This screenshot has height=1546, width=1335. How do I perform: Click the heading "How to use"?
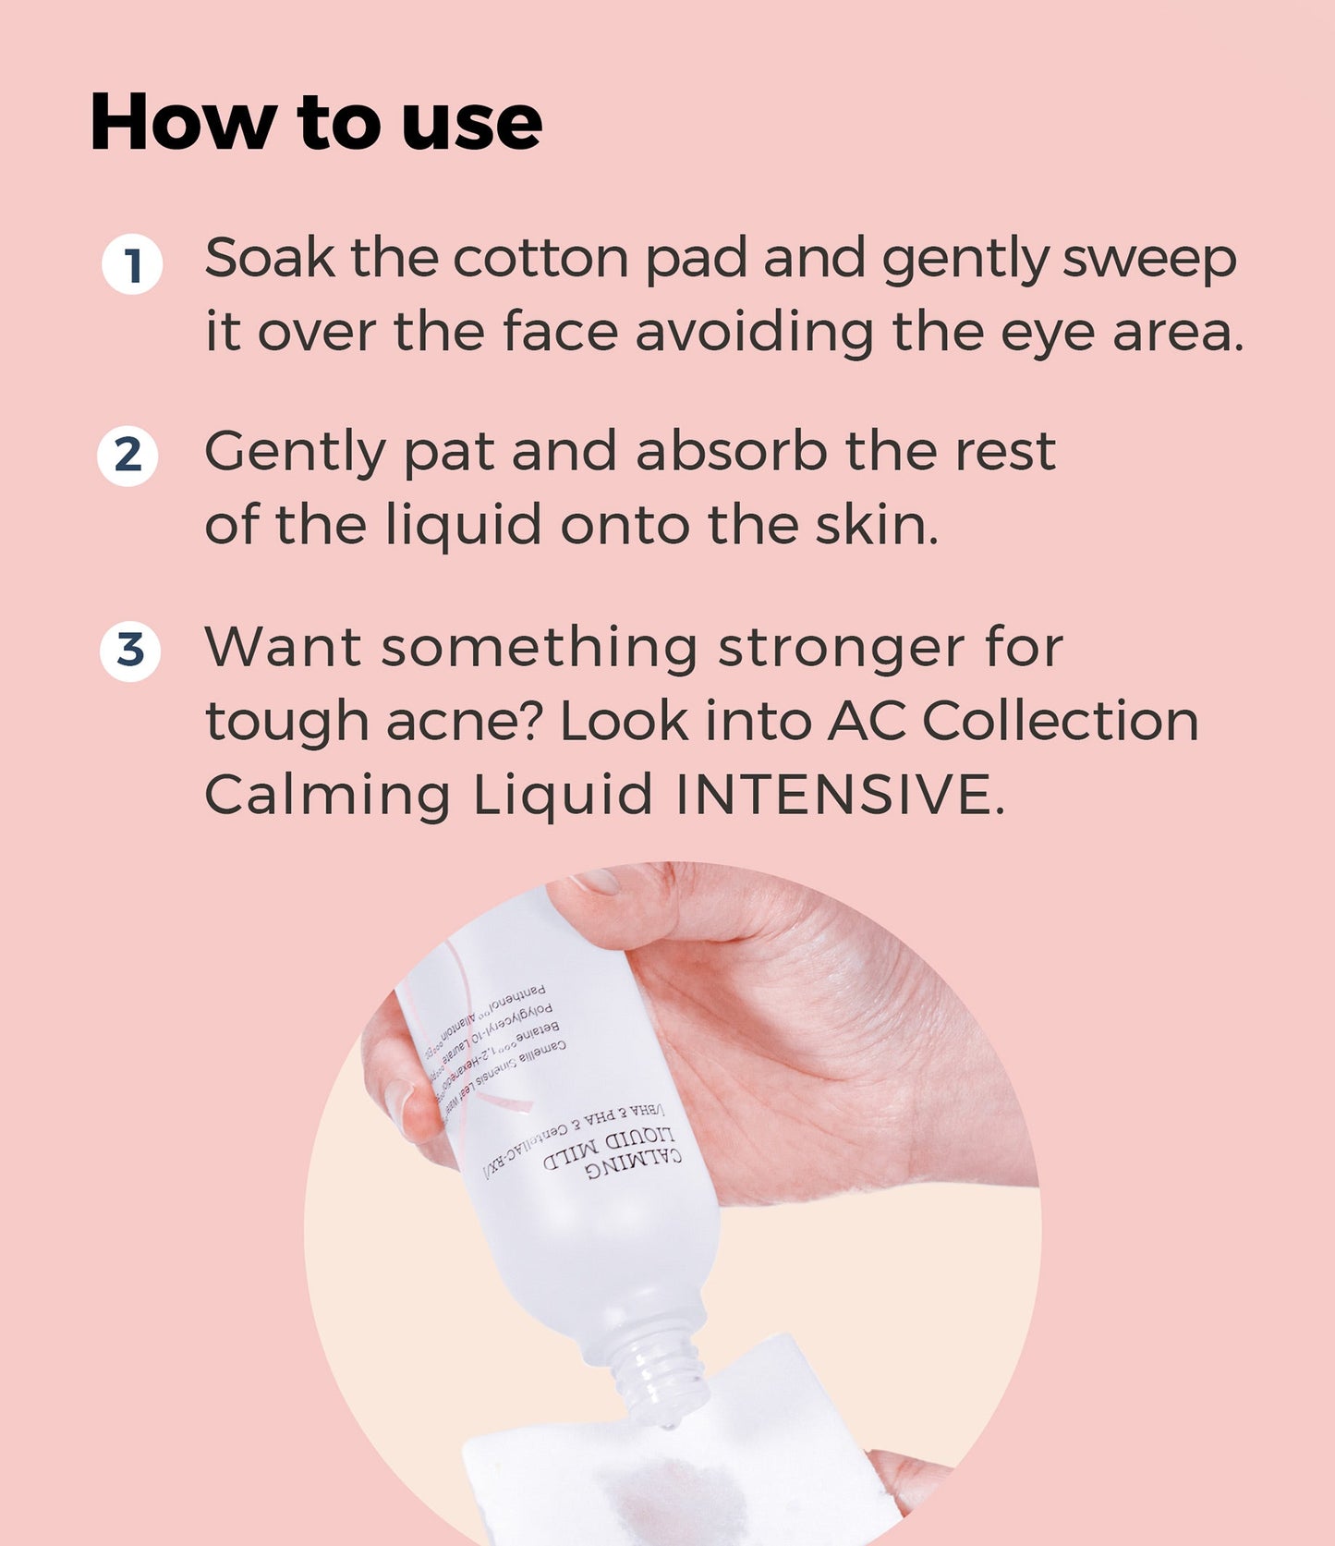coord(315,122)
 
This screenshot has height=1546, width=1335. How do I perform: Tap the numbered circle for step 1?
coord(132,265)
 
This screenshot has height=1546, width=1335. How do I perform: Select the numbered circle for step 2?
coord(127,456)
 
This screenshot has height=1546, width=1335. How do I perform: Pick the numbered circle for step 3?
coord(130,651)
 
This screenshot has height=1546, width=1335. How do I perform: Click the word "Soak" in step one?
coord(269,258)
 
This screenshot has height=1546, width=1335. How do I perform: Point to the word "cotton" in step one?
coord(540,258)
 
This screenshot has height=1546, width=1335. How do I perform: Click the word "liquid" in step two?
coord(463,528)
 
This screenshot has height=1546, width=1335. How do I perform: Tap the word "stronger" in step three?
coord(842,649)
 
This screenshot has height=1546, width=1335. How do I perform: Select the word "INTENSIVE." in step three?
coord(839,795)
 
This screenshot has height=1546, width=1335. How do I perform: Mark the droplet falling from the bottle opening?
coord(667,1427)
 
